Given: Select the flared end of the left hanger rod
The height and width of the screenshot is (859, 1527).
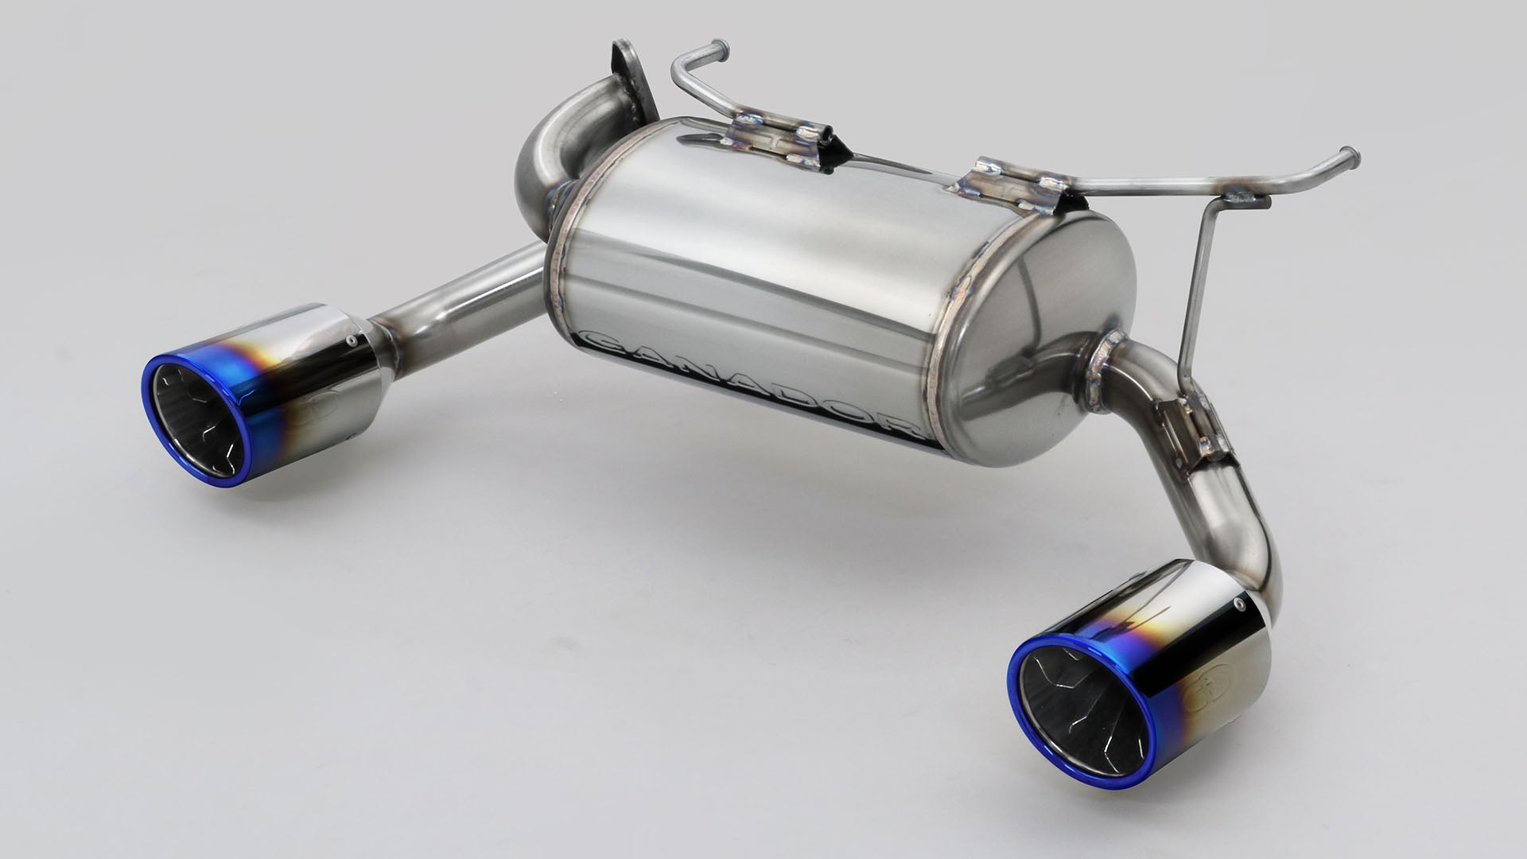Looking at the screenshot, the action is click(715, 45).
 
